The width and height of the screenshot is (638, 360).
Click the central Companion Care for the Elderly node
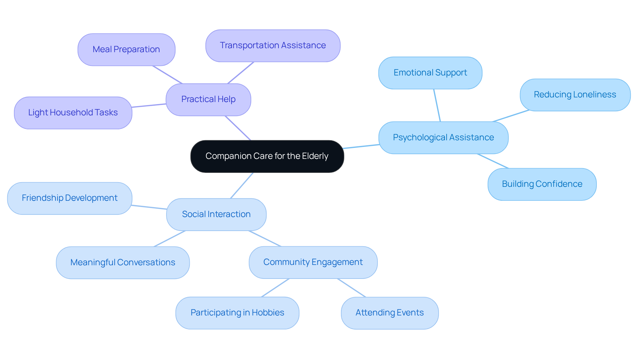267,156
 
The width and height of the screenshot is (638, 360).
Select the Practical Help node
208,99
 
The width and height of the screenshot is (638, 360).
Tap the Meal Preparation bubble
126,50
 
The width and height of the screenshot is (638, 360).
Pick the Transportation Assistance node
273,46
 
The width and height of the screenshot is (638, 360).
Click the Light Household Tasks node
73,113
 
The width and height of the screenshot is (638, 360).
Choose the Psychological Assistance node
443,138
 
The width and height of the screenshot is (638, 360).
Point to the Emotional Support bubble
430,73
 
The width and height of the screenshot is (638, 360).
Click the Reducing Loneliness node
575,95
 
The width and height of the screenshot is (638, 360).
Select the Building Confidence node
542,184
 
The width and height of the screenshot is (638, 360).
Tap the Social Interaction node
216,214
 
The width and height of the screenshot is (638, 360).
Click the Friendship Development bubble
70,198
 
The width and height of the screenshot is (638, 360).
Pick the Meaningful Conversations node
123,263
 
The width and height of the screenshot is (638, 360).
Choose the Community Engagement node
313,262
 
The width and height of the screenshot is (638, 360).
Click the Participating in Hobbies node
237,313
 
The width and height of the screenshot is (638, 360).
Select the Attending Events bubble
389,313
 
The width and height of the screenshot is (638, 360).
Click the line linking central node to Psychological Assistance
361,146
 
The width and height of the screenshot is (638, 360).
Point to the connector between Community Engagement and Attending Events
352,288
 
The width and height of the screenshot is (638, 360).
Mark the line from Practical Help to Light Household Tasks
149,106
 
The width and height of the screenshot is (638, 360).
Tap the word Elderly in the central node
315,156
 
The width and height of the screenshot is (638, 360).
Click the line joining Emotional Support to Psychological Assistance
437,105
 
